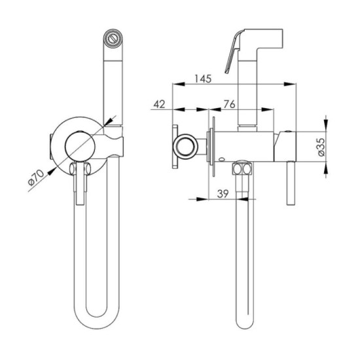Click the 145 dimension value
[x=203, y=79]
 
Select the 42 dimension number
[x=159, y=104]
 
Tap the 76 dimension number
[x=230, y=104]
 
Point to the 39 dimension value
[x=223, y=194]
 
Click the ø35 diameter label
[x=321, y=147]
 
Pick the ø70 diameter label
[x=36, y=177]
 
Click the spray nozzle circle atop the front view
[x=113, y=39]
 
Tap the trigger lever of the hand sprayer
[x=232, y=52]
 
